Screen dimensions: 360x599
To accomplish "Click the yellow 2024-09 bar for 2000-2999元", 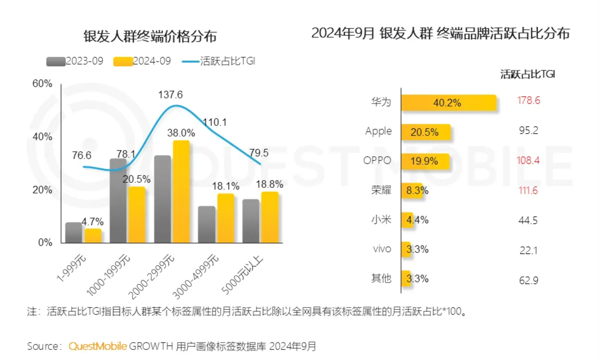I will (x=181, y=192).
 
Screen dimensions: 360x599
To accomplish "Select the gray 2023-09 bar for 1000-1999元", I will (x=118, y=201).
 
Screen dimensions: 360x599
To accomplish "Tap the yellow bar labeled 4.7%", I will (x=93, y=236).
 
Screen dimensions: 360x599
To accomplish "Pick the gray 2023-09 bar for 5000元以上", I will (x=250, y=221).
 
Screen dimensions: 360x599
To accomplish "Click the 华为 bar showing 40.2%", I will (x=449, y=103).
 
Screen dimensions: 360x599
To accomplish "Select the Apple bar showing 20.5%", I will (x=426, y=132).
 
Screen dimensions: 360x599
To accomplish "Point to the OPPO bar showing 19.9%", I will (x=425, y=161).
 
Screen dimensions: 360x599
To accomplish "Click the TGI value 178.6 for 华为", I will (x=528, y=101).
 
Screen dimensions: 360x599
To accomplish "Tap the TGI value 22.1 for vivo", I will (x=528, y=250).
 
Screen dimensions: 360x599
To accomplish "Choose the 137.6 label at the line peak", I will (x=170, y=95).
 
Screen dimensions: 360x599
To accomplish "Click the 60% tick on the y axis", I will (x=43, y=84).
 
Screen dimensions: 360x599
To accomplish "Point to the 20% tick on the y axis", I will (x=43, y=190).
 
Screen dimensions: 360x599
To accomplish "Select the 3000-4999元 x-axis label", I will (x=196, y=276).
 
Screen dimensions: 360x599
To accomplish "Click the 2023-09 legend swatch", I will (x=56, y=62).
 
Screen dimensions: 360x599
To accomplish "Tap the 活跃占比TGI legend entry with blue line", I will (x=219, y=61).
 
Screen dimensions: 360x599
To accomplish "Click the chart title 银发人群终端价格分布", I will (x=150, y=37).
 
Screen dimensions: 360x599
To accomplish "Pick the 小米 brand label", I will (x=381, y=220).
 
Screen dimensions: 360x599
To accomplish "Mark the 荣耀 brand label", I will (x=381, y=190).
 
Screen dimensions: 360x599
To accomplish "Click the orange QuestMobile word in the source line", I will (x=98, y=346).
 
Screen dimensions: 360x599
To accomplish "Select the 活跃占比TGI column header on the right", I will (x=528, y=75).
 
